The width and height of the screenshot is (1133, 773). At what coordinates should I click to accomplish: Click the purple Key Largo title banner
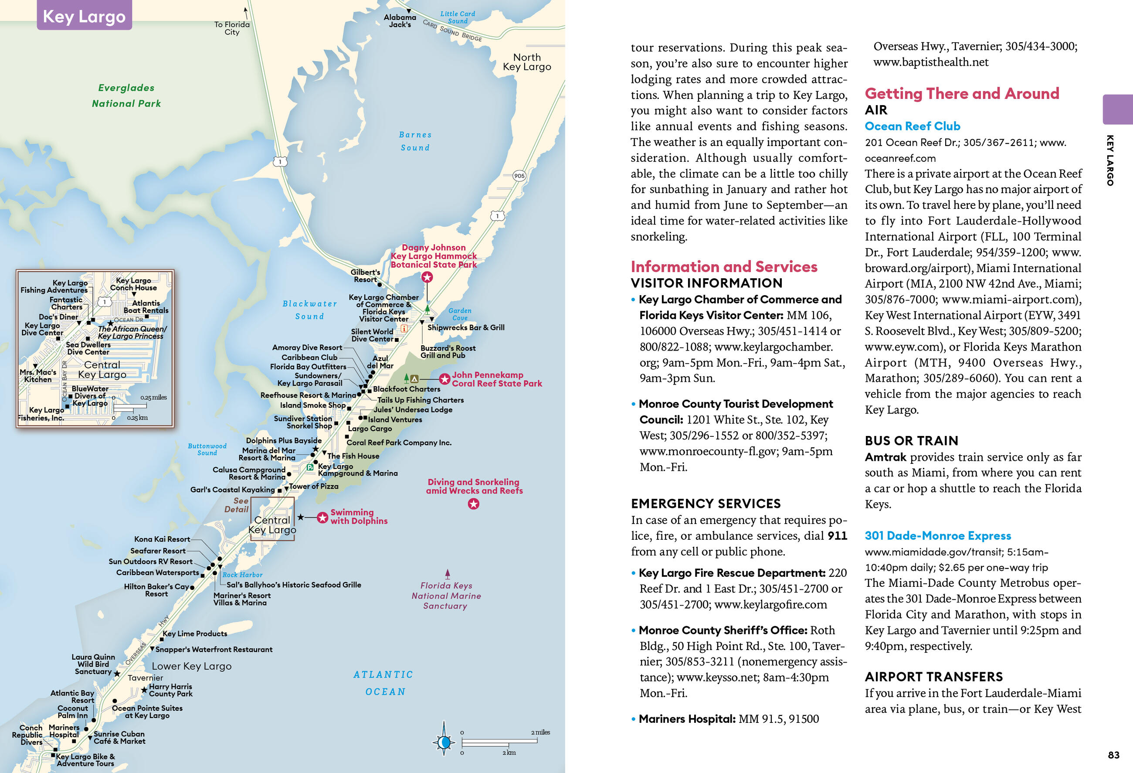pos(85,16)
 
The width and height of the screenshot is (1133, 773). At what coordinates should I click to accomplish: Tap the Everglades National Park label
pos(126,95)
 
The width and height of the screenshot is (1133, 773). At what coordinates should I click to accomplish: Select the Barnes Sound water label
pos(415,141)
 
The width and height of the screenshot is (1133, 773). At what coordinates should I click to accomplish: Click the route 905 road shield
pos(519,176)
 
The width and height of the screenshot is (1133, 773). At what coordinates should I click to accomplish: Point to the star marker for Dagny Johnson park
pos(427,277)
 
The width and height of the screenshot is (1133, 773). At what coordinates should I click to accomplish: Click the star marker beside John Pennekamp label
pos(444,379)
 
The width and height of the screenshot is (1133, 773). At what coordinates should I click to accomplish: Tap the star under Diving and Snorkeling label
pos(473,504)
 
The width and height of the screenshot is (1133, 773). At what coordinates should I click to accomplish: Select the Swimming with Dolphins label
pos(359,517)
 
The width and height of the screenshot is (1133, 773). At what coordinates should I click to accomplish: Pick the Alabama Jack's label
pos(400,20)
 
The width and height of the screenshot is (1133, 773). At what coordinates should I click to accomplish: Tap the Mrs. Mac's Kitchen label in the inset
pos(37,375)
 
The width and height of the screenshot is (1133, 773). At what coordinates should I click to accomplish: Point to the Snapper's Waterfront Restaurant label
pos(214,650)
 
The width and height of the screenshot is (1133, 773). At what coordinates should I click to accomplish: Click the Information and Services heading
pos(724,267)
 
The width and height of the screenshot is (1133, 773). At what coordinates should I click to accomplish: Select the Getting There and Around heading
pos(962,93)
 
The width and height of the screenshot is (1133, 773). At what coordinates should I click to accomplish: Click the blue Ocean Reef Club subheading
pos(912,126)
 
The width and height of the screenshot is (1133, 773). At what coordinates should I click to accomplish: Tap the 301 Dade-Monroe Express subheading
pos(937,535)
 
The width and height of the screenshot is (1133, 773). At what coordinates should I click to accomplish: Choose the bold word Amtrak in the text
pos(885,457)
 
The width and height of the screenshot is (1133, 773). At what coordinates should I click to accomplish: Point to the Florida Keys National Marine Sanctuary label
pos(446,596)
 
